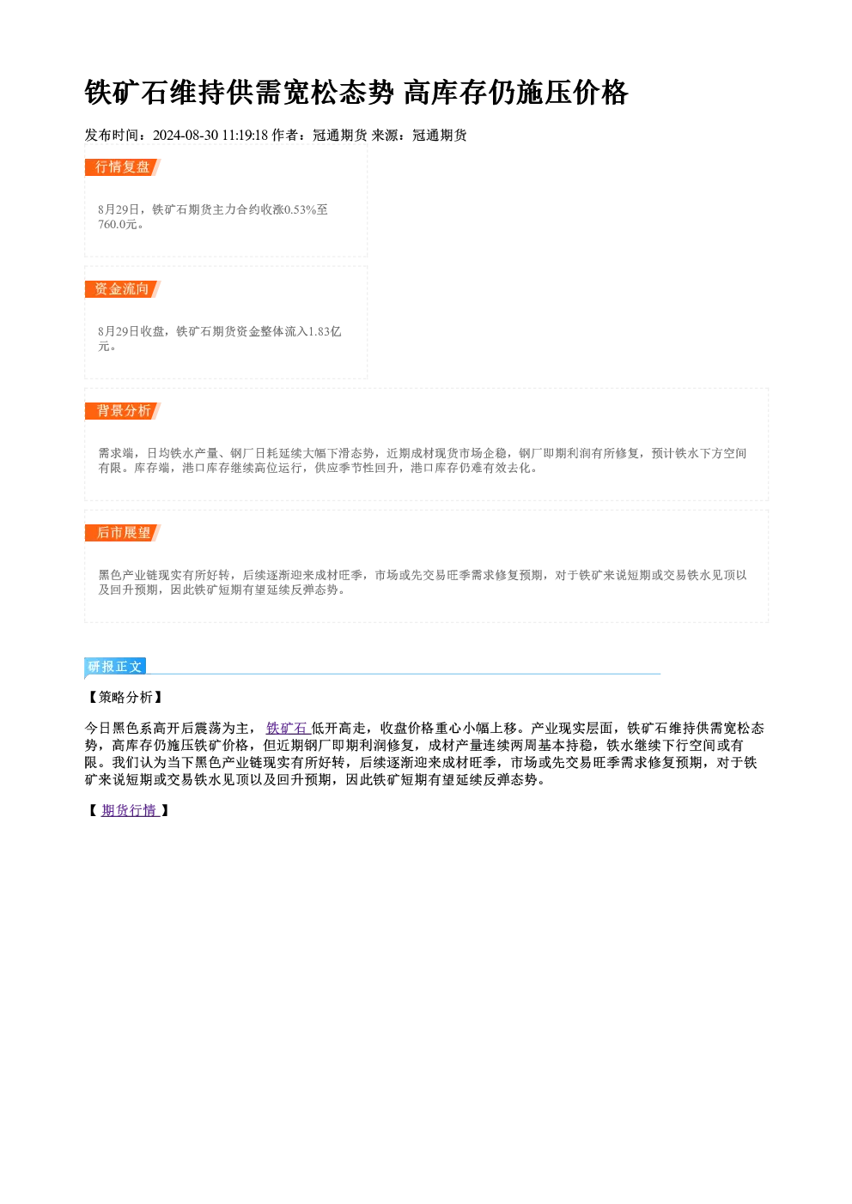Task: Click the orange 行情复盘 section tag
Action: [123, 167]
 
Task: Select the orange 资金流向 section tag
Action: [123, 289]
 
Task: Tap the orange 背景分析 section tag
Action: [123, 411]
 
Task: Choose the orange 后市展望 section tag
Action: [123, 533]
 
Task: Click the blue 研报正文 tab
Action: [115, 667]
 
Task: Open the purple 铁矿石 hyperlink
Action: [287, 729]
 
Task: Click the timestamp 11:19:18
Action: [245, 136]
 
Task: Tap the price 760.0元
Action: [118, 225]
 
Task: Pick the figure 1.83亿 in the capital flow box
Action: [325, 331]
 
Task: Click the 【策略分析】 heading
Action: [125, 698]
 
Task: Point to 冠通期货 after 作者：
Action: [340, 136]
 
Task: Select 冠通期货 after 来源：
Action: [440, 136]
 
